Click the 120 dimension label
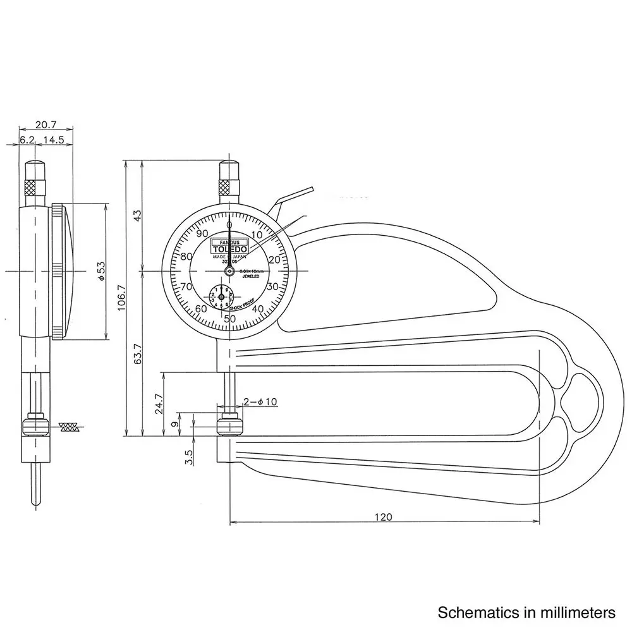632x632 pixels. (383, 517)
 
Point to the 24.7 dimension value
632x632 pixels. (159, 404)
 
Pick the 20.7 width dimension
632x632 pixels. (46, 125)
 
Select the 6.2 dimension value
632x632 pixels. (27, 140)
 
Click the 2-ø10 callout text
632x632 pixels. (260, 402)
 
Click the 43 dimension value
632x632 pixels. (138, 215)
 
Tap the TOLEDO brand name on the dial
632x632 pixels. (229, 249)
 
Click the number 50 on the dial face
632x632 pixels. (230, 319)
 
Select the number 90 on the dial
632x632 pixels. (202, 233)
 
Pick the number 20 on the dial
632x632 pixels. (274, 260)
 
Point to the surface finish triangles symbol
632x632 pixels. (70, 427)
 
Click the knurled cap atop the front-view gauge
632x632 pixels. (229, 187)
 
